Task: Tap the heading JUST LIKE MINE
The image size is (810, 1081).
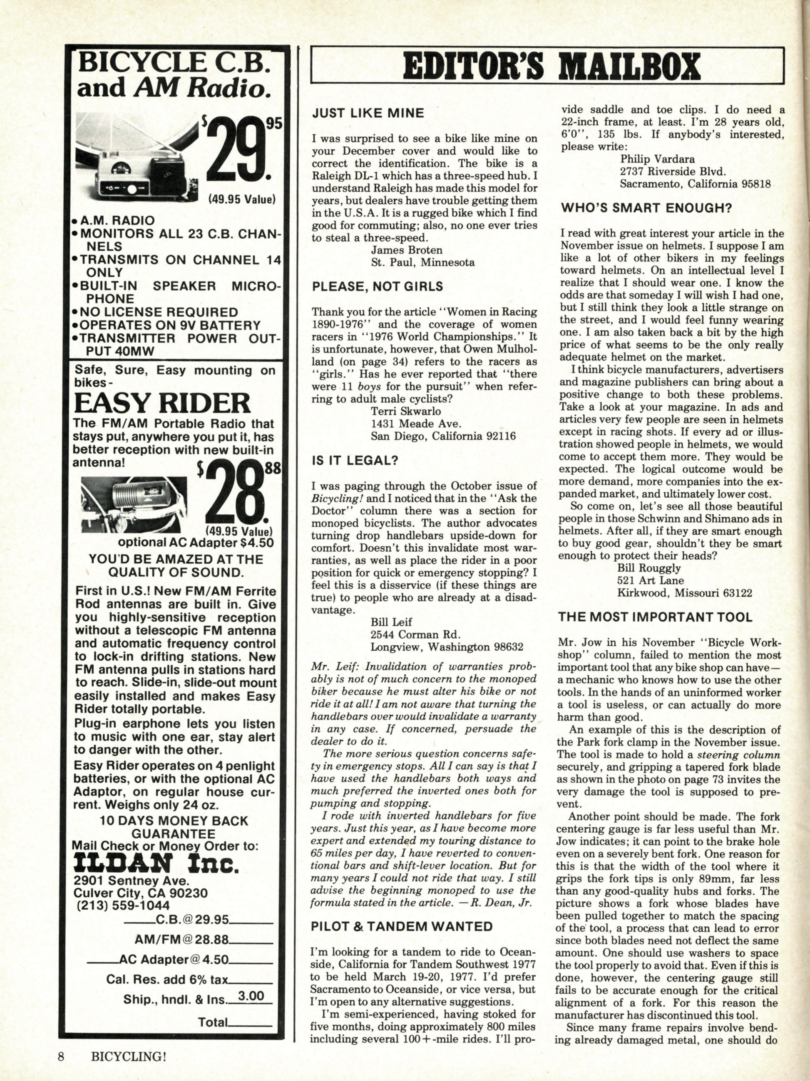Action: pos(368,114)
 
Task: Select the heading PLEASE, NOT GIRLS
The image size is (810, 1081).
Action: pos(378,286)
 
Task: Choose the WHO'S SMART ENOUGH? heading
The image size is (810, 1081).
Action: pos(646,208)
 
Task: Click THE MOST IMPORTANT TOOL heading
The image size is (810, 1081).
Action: pos(656,617)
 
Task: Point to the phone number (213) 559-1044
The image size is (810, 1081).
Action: pos(123,905)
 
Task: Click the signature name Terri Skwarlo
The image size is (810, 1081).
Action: pos(406,411)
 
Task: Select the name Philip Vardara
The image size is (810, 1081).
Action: pos(657,159)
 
